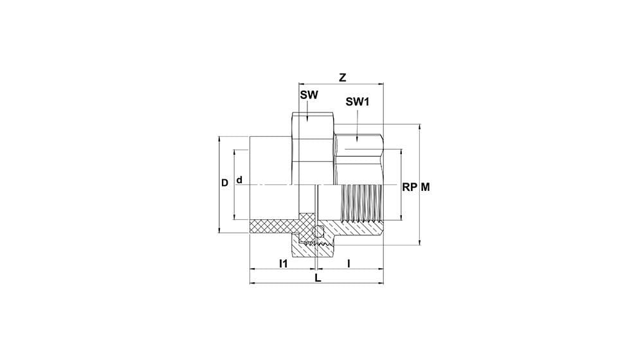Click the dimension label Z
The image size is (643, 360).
[x=343, y=78]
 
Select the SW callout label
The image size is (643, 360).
[x=309, y=95]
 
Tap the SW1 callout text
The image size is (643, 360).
[x=358, y=102]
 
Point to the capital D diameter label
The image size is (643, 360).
[x=224, y=183]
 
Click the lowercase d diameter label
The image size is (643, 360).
[x=240, y=180]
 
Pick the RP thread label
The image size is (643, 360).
[x=409, y=187]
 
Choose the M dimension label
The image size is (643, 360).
[x=426, y=187]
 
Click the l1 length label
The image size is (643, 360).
[x=283, y=264]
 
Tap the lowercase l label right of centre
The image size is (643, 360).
[x=349, y=264]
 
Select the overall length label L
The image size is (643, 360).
[x=318, y=278]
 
